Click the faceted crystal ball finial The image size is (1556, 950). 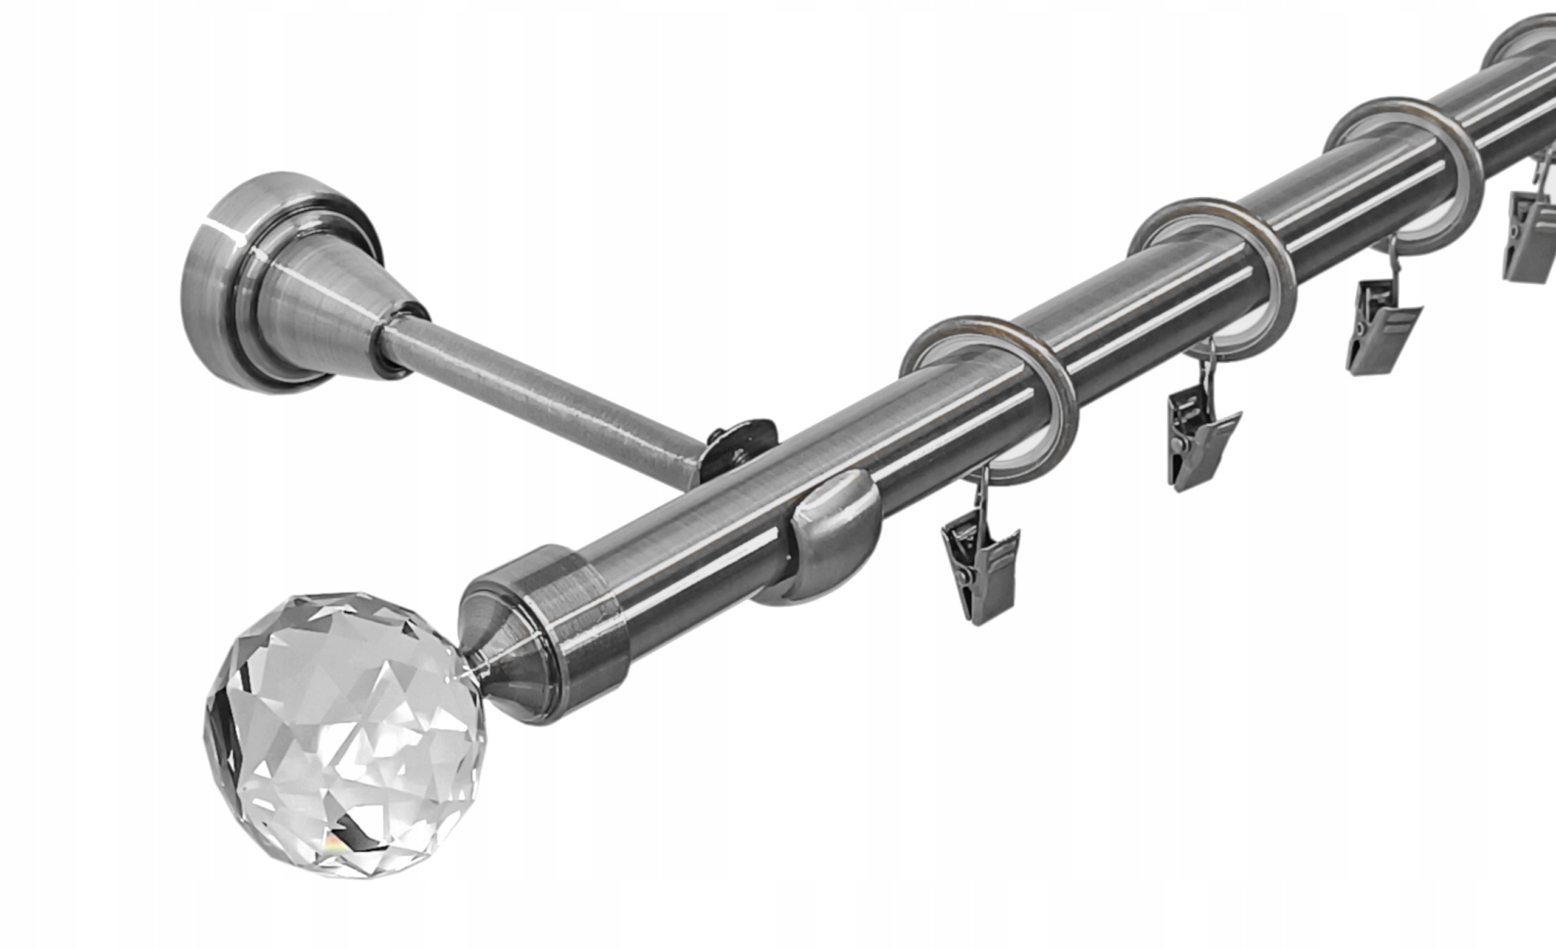pos(344,736)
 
